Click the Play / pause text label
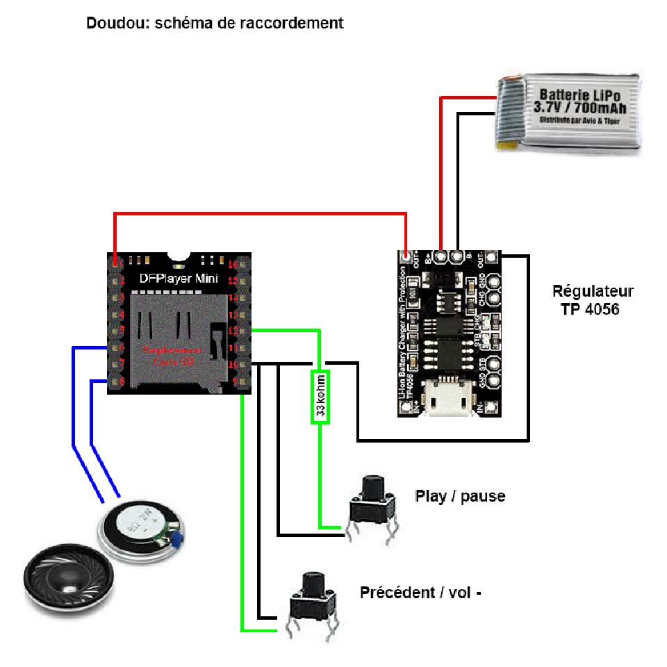[x=460, y=496]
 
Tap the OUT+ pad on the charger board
[x=408, y=256]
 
